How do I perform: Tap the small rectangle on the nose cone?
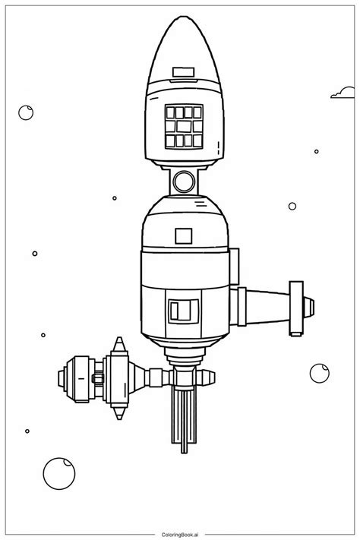(x=183, y=72)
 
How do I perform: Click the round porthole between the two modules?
(x=183, y=180)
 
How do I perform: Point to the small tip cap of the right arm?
(x=309, y=306)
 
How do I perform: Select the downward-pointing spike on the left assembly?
(x=118, y=415)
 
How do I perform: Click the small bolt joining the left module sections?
(x=97, y=377)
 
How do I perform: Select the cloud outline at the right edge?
(x=343, y=93)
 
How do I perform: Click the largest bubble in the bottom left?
(x=58, y=472)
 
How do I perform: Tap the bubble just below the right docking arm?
(x=319, y=373)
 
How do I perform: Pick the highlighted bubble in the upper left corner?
(x=26, y=112)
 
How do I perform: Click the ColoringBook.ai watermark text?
(x=179, y=531)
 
